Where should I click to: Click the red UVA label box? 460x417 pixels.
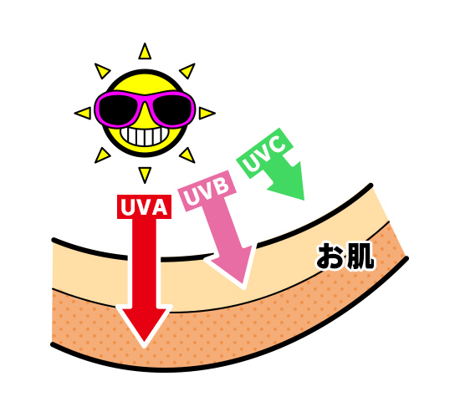click(144, 206)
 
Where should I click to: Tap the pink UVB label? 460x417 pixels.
click(207, 191)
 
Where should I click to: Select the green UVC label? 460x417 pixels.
click(265, 153)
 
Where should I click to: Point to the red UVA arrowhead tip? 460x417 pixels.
click(144, 348)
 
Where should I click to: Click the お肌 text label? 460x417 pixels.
click(345, 256)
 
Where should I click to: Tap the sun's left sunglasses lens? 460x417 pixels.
click(119, 109)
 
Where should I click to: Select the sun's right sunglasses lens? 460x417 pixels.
click(171, 109)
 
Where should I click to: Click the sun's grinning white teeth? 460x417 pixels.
click(145, 135)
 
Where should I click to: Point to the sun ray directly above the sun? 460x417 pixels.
click(145, 51)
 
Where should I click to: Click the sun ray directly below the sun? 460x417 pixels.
click(145, 175)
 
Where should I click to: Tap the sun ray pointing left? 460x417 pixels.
click(83, 113)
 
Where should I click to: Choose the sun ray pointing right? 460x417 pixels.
click(207, 113)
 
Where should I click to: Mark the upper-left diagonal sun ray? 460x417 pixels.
click(102, 70)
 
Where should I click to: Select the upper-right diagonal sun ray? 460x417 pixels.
click(187, 71)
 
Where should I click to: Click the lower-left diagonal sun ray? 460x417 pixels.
click(102, 155)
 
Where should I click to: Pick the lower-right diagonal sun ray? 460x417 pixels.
click(187, 155)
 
